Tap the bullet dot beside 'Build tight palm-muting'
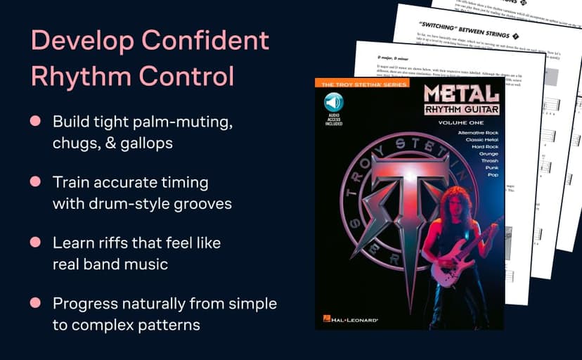point(34,122)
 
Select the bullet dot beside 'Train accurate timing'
point(34,182)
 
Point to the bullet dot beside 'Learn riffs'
point(34,243)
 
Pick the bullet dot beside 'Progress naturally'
point(34,303)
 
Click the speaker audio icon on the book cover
point(333,103)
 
